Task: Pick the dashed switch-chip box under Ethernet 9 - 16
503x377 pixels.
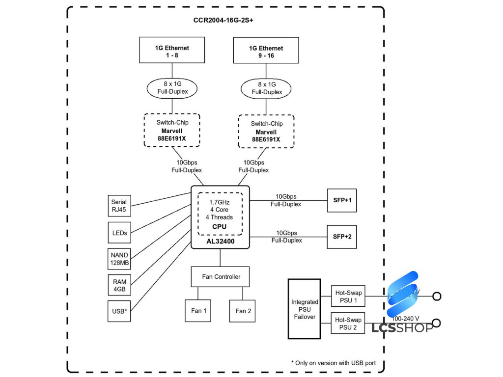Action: [266, 131]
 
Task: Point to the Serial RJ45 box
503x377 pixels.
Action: [119, 206]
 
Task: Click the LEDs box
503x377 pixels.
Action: [119, 233]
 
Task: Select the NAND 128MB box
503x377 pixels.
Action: [119, 259]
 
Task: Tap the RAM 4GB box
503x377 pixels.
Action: [119, 286]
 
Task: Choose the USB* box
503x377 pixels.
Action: [119, 311]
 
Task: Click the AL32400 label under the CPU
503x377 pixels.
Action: [220, 242]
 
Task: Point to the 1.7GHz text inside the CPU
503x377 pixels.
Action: [220, 202]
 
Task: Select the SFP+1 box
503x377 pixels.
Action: [342, 200]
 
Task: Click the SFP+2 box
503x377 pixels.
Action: [342, 237]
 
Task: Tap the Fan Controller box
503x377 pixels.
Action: [221, 277]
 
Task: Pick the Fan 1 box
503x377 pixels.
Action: [198, 311]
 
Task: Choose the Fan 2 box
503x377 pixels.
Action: [243, 311]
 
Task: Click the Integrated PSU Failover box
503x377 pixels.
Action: [305, 309]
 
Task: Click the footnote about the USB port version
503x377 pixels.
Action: [334, 363]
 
